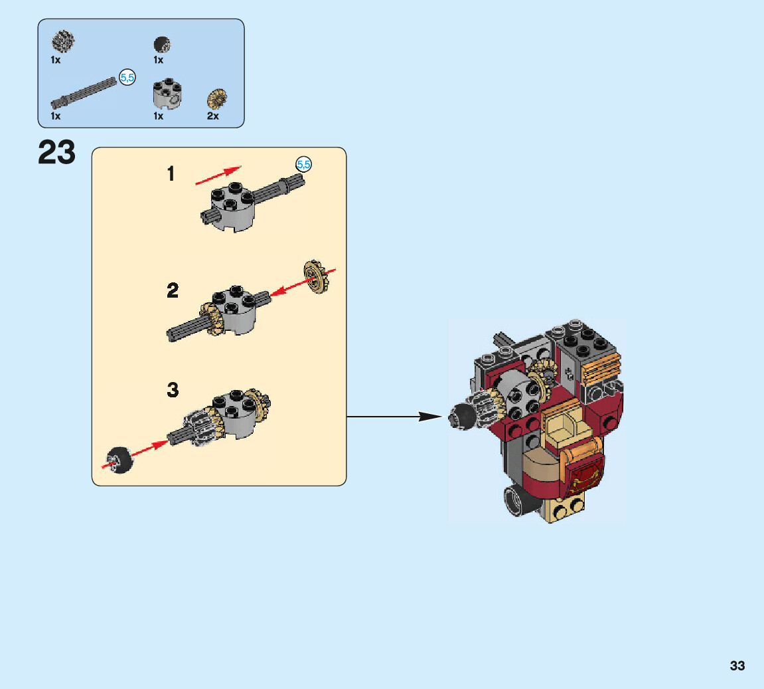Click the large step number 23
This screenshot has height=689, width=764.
coord(57,152)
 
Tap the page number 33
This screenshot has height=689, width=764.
coord(737,666)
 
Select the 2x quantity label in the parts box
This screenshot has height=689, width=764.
coord(212,116)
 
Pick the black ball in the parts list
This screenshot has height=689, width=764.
coord(161,45)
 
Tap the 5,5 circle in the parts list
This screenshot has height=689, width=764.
coord(127,78)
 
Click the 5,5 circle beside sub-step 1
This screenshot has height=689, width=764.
coord(303,163)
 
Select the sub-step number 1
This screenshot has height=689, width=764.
coord(171,174)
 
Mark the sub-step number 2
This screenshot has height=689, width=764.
coord(173,290)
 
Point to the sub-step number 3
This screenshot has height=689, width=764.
coord(173,389)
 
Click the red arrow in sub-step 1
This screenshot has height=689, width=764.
coord(218,175)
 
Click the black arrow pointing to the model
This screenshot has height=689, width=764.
coord(394,417)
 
